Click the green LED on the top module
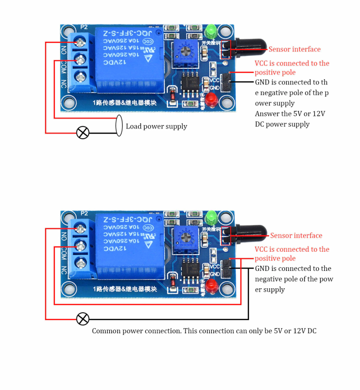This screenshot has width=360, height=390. [x=210, y=32]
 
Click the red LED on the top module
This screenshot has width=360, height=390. [x=210, y=99]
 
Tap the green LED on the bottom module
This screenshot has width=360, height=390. [x=211, y=217]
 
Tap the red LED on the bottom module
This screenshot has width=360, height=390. [x=211, y=285]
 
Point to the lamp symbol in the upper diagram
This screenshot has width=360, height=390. [x=82, y=133]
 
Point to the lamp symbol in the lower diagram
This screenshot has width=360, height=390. [x=82, y=319]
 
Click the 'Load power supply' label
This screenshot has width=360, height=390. [x=156, y=126]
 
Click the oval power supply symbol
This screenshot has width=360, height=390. [x=119, y=126]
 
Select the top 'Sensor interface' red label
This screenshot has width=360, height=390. [x=294, y=49]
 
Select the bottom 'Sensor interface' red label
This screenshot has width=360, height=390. [x=296, y=236]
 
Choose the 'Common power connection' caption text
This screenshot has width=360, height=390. [x=204, y=331]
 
